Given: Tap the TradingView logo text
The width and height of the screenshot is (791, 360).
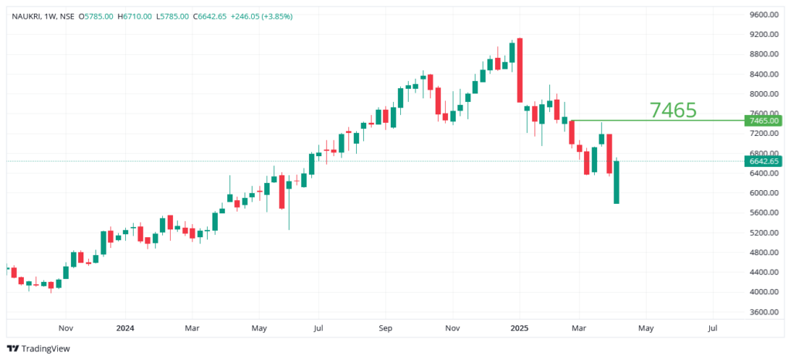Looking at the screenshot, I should (46, 348).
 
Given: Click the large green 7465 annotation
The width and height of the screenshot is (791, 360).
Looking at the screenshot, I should (673, 110).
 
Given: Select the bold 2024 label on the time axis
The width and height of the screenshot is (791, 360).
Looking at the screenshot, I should (125, 328).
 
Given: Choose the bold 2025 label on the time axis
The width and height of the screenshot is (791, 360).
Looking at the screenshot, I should (519, 328).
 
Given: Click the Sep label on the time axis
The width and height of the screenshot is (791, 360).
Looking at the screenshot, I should (385, 328).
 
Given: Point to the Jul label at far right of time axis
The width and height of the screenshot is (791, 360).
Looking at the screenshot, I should (712, 328).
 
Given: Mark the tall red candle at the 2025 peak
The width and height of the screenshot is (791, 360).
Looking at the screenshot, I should (521, 70).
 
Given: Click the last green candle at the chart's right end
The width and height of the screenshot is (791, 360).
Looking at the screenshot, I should (616, 182).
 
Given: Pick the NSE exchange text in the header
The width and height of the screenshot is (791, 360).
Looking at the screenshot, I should (67, 16).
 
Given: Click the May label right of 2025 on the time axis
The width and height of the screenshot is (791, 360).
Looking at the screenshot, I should (646, 328).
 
